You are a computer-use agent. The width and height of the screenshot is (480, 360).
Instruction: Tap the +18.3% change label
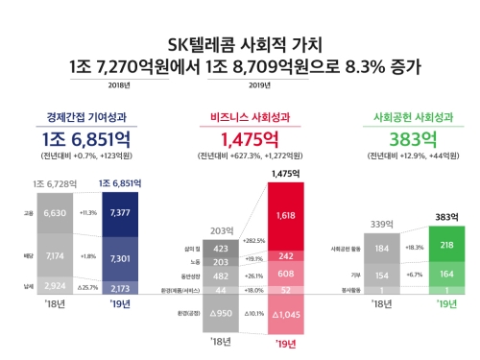pos(414,247)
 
